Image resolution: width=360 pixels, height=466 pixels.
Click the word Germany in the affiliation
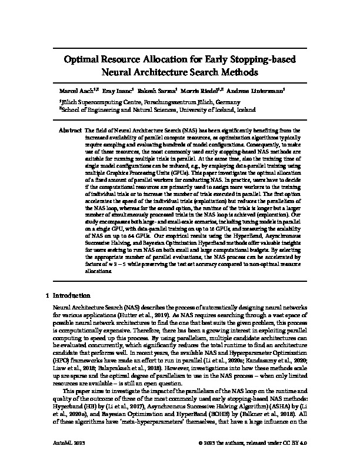point(226,101)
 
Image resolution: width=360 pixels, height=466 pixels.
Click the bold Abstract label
point(71,128)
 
